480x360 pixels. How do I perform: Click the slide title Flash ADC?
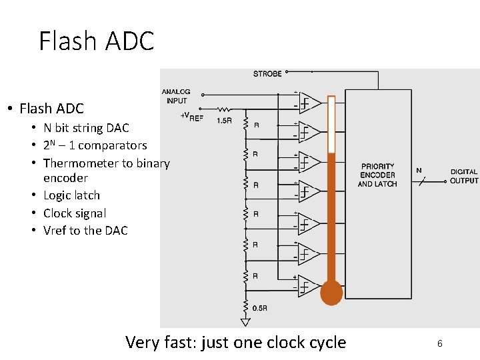tap(97, 41)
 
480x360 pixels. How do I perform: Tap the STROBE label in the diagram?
tap(267, 73)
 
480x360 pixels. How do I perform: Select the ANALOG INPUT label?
tap(176, 96)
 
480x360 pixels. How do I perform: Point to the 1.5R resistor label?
tap(224, 121)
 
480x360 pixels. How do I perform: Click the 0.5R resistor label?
tap(260, 308)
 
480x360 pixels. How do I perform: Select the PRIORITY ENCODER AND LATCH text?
tap(377, 175)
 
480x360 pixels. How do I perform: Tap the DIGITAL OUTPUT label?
tap(464, 176)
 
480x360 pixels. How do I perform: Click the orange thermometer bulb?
tap(331, 293)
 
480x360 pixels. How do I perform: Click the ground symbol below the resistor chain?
tap(245, 322)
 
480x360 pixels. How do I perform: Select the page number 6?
tap(440, 343)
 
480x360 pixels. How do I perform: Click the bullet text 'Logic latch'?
tap(71, 195)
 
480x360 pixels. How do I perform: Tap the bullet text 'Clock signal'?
tap(75, 213)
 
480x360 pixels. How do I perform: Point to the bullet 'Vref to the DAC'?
tap(85, 231)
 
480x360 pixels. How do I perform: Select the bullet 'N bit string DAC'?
tap(86, 128)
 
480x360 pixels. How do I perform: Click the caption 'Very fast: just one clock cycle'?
tap(235, 343)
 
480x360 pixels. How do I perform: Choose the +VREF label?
tap(192, 115)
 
